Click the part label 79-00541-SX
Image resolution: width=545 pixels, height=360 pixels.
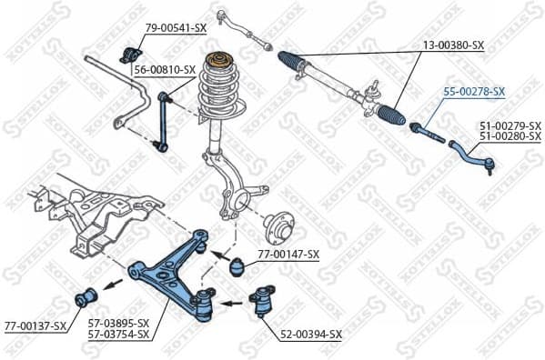pos(177,28)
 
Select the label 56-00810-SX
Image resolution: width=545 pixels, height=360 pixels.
pos(165,70)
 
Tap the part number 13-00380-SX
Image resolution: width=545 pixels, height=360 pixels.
pos(453,45)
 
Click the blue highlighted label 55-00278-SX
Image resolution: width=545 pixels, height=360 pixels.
pos(473,92)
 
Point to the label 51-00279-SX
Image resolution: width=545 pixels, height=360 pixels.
pos(510,125)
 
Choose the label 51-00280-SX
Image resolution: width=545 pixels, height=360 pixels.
pos(510,136)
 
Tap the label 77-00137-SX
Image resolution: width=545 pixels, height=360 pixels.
pos(35,325)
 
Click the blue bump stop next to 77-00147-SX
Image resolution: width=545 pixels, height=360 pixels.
pos(238,267)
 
